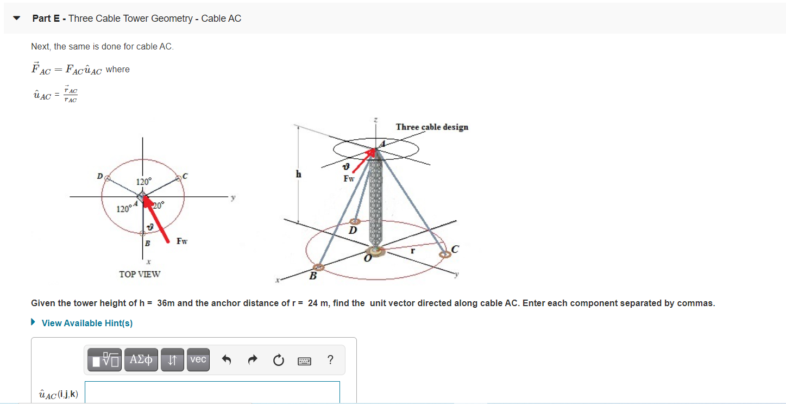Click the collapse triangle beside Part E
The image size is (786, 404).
pyautogui.click(x=17, y=18)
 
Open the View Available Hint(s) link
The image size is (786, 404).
pyautogui.click(x=87, y=323)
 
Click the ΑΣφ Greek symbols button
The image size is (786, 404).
pyautogui.click(x=141, y=359)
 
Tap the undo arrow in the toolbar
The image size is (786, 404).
pyautogui.click(x=227, y=360)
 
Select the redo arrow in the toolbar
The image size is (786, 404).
pyautogui.click(x=253, y=360)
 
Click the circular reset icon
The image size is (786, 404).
pyautogui.click(x=278, y=360)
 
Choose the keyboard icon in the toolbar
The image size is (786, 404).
pyautogui.click(x=304, y=361)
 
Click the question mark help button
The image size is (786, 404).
pyautogui.click(x=330, y=360)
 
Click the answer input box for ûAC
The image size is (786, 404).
pyautogui.click(x=212, y=393)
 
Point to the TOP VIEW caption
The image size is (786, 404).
pyautogui.click(x=140, y=274)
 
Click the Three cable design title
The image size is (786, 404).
pyautogui.click(x=432, y=127)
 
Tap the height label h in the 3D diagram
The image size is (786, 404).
pyautogui.click(x=298, y=174)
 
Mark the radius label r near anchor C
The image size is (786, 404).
pyautogui.click(x=413, y=251)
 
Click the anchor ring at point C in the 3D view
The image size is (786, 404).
pyautogui.click(x=445, y=254)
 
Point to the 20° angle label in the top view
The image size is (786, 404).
pyautogui.click(x=158, y=205)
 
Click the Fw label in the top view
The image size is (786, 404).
pyautogui.click(x=182, y=241)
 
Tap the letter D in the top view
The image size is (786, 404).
pyautogui.click(x=99, y=176)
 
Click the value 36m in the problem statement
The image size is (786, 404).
pyautogui.click(x=166, y=303)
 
